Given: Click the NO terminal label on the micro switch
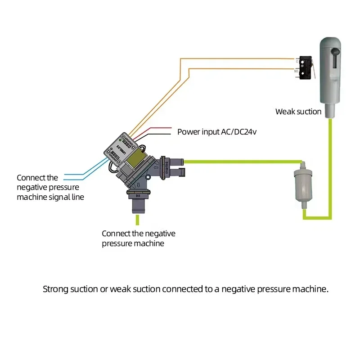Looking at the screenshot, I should (x=296, y=71).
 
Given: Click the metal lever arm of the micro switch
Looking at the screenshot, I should (x=314, y=67).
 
